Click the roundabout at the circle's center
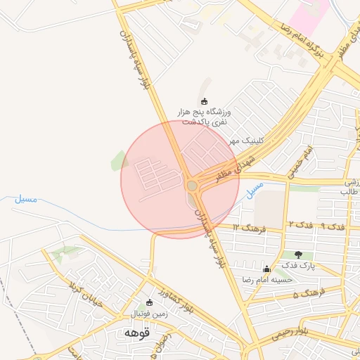192,186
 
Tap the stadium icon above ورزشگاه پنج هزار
205,101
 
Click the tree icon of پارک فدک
299,255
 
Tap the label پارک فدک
299,266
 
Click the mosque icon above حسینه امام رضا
266,269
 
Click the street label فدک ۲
300,224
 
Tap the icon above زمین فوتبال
149,302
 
